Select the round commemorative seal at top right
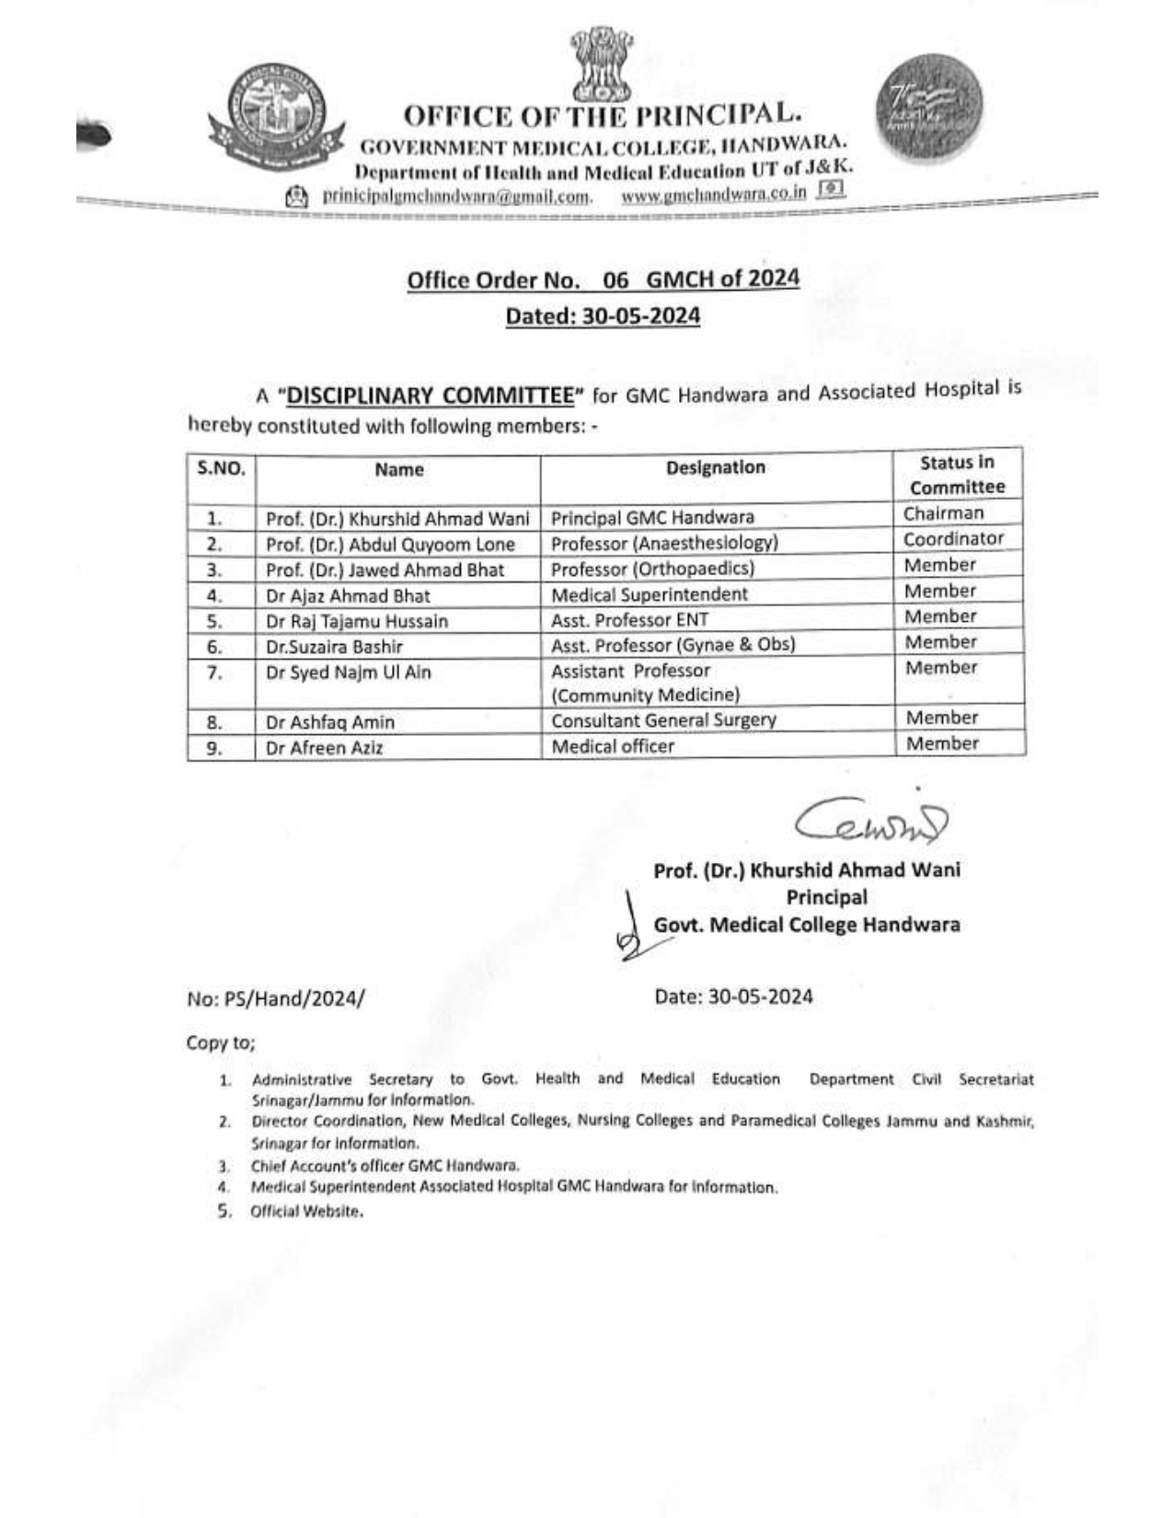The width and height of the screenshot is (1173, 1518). point(930,106)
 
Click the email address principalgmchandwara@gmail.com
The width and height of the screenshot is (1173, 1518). point(455,196)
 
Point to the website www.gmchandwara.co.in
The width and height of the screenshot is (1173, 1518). point(714,193)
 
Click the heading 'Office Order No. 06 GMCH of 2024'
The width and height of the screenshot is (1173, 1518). point(603,280)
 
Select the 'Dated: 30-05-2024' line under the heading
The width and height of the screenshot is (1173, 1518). point(603,316)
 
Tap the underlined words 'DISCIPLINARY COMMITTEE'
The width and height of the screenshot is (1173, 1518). point(431,396)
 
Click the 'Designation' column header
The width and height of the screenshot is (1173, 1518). point(716,467)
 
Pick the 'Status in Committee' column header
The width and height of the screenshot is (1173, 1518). point(957,475)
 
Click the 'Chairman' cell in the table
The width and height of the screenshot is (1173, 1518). point(943,513)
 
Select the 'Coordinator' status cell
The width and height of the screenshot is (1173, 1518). point(953,539)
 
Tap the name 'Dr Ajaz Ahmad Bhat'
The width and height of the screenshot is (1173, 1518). point(348,595)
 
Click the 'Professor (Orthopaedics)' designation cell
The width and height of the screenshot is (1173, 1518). point(652,569)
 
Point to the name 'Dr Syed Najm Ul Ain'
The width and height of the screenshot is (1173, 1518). point(348,673)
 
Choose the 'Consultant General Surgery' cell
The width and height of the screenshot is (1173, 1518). point(663,720)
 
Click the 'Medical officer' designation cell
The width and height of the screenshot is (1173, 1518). point(613,746)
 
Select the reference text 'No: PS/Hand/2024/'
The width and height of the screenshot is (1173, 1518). point(275,998)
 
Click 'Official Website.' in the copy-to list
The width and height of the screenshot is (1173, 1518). point(306,1212)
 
